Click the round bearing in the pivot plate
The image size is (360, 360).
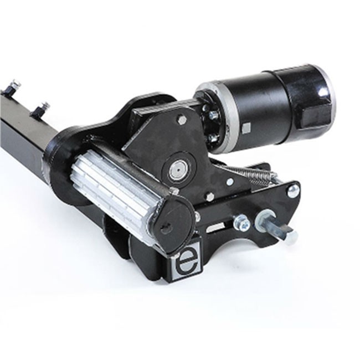point(179,169)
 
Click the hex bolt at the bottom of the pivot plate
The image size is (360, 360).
point(210,196)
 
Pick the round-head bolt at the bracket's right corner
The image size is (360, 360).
point(293,191)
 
